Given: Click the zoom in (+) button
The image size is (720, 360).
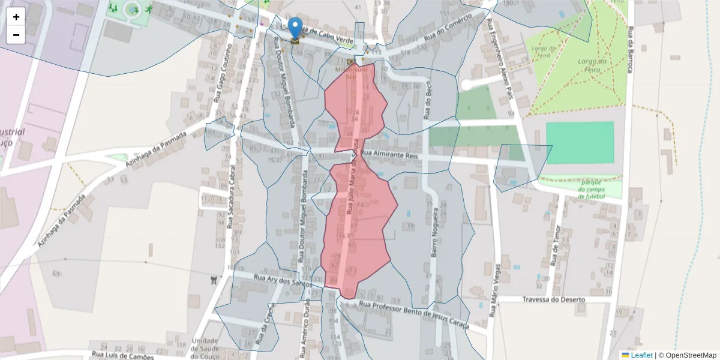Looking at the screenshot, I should point(16,17).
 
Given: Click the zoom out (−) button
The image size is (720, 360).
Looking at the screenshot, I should point(16,35).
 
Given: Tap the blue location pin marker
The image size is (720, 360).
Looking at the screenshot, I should point(295,28).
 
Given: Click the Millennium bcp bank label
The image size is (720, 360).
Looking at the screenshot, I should point(350,73).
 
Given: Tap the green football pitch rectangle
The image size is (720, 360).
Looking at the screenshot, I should point(580,142).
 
